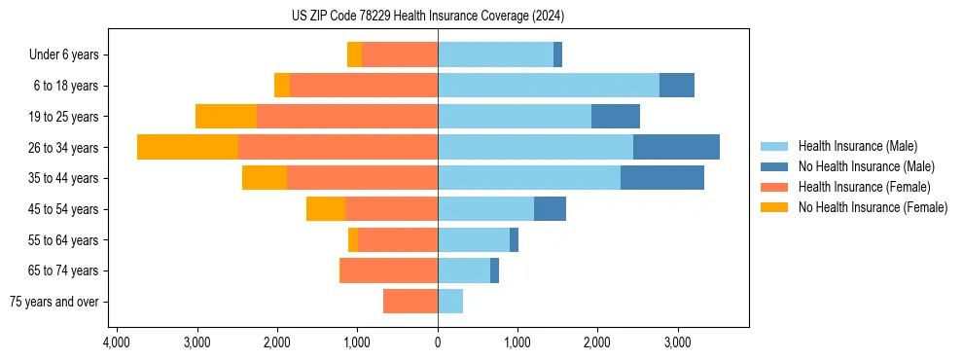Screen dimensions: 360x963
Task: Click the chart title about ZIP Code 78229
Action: coord(427,17)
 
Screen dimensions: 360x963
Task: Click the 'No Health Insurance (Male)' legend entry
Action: coord(866,166)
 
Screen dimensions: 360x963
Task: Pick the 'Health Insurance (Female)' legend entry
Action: coord(864,187)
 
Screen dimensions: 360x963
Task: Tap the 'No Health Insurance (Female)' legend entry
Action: coord(873,207)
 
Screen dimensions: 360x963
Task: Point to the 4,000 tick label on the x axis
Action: coord(116,342)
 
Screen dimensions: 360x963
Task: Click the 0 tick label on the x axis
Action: coord(438,342)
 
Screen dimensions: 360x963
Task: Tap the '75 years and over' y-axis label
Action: coord(54,302)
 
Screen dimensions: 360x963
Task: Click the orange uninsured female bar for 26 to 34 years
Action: coord(188,147)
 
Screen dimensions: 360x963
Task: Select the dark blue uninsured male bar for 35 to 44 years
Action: coord(662,178)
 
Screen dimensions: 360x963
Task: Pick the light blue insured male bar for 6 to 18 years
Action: coord(549,86)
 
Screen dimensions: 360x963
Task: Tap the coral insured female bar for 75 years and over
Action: coord(410,302)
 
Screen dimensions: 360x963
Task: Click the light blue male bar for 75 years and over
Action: coord(450,302)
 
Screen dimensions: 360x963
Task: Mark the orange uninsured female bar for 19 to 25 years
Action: coord(226,117)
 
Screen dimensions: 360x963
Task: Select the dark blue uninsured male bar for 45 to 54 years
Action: coord(550,209)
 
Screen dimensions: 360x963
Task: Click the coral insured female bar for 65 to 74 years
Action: coord(389,270)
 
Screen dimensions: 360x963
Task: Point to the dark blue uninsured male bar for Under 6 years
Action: coord(557,55)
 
